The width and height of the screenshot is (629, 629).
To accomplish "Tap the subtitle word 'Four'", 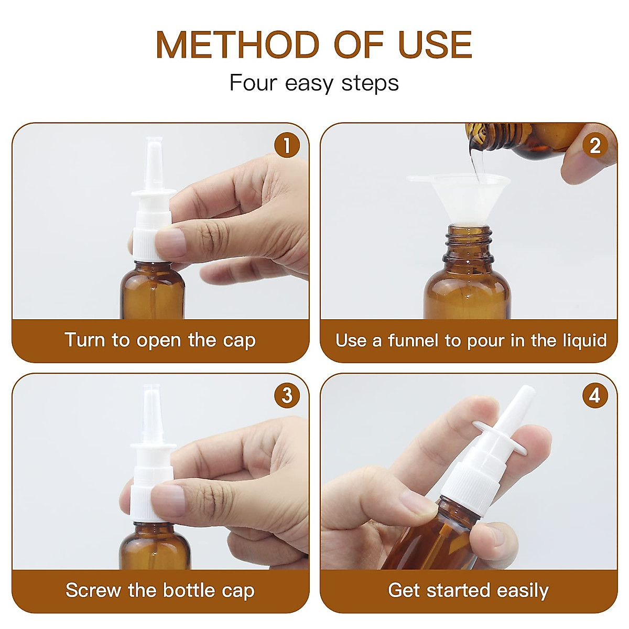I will [252, 83].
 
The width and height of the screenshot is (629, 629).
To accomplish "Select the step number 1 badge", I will [287, 146].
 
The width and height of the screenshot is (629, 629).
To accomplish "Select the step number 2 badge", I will [595, 146].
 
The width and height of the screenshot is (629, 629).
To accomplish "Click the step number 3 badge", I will [287, 396].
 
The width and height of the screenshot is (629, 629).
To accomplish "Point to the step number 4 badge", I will [595, 396].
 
